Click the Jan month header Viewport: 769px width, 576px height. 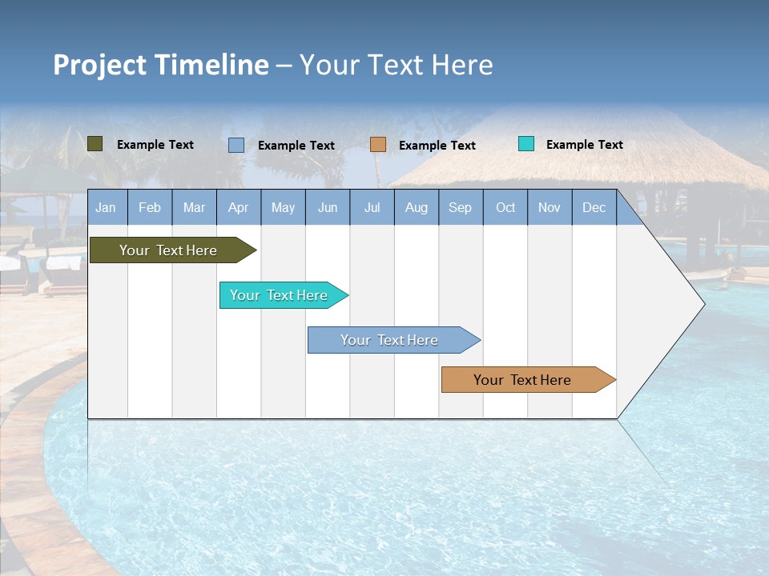click(106, 207)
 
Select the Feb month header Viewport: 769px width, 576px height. click(150, 207)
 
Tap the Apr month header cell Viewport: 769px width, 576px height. click(239, 207)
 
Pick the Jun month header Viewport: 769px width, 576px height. click(328, 207)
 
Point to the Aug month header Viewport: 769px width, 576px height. click(417, 207)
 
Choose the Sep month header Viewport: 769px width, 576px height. click(461, 207)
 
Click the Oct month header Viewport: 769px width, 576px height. click(505, 207)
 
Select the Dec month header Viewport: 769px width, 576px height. click(594, 207)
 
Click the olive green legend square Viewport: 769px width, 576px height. click(95, 144)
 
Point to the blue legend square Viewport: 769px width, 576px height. click(236, 145)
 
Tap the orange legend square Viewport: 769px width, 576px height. click(378, 144)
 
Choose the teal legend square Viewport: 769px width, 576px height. click(526, 144)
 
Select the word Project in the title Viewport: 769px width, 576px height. click(99, 65)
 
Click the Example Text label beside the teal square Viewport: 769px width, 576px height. click(584, 145)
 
